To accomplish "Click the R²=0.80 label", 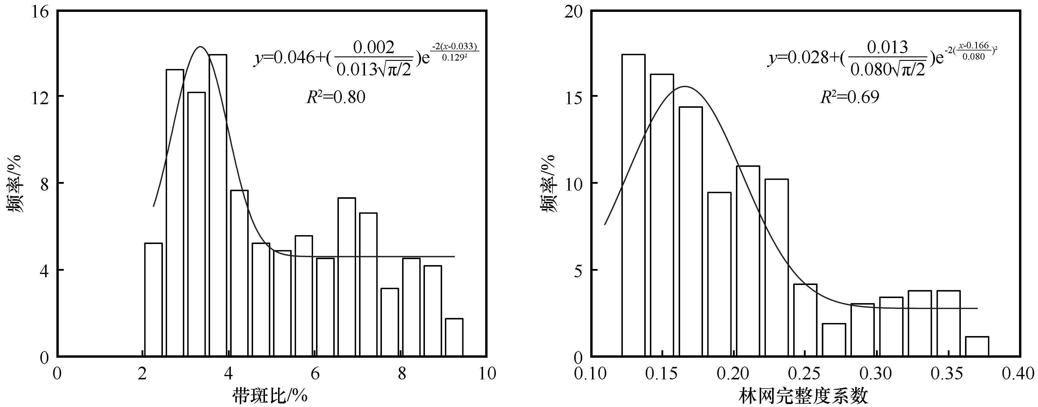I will click(336, 97).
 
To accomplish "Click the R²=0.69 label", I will click(850, 97).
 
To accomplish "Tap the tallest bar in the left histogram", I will click(218, 205).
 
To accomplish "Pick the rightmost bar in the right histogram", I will click(977, 346).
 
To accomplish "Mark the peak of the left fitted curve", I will click(200, 47).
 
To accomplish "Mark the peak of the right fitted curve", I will click(685, 87).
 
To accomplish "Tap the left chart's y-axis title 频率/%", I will click(15, 183).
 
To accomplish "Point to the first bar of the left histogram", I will click(153, 300).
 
